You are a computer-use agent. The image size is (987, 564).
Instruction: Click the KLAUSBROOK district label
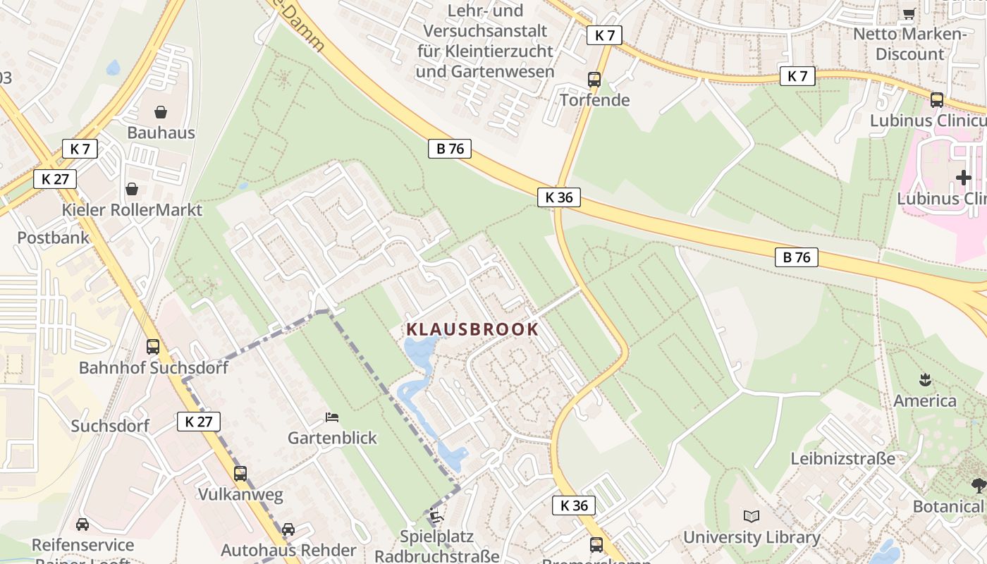coord(472,329)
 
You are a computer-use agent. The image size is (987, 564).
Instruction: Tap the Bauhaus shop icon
coord(161,112)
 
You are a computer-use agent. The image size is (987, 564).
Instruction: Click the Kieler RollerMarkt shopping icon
coord(131,189)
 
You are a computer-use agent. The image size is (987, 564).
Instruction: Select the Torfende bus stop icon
coord(594,79)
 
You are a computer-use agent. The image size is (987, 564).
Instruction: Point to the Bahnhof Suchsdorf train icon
coord(153,346)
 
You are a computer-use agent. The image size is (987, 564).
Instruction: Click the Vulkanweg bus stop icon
coord(240,473)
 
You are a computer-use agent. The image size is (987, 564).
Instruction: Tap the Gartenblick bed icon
coord(332,417)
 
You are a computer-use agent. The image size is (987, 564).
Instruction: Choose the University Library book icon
coord(752,516)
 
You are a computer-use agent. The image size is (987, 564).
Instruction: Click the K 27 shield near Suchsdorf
coord(198,422)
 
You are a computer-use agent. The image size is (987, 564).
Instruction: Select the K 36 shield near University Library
coord(573,505)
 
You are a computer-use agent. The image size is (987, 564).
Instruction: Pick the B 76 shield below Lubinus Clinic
coord(797,257)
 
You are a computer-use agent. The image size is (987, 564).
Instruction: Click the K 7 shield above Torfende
coord(604,35)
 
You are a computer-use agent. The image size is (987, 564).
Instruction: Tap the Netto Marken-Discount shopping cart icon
coord(909,13)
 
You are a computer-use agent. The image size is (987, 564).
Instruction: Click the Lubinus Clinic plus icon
coord(964,178)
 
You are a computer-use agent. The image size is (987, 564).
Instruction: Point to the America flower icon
coord(925,381)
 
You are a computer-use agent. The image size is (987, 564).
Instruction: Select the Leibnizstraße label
coord(842,458)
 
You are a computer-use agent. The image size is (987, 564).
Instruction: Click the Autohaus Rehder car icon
coord(288,529)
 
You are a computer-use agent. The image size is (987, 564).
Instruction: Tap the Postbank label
coord(54,238)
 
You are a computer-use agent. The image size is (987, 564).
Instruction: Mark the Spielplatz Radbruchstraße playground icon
coord(436,516)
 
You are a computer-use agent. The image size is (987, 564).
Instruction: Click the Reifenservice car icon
coord(82,524)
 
